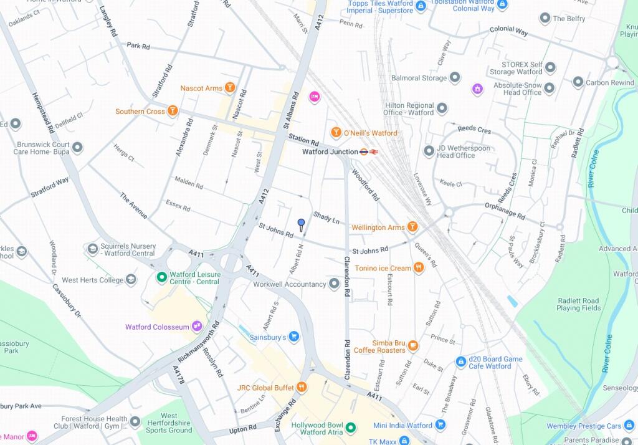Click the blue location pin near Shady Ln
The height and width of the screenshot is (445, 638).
point(301,224)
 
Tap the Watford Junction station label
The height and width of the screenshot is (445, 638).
point(330,151)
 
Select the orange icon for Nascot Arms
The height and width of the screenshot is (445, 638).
point(230,88)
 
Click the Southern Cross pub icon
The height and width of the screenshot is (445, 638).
point(173,112)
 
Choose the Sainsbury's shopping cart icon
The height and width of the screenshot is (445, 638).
point(294,337)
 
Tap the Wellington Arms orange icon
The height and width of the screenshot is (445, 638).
point(412,227)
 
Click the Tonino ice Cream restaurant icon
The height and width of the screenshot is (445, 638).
point(418,268)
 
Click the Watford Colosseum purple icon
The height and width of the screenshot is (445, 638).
point(197,327)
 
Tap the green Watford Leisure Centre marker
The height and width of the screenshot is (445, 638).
point(161,277)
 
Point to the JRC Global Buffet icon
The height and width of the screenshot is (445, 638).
point(302,388)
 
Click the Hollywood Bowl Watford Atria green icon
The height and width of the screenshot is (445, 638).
point(351,428)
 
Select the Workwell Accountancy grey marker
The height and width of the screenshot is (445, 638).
point(334,284)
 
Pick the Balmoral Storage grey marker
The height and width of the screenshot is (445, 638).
point(455,78)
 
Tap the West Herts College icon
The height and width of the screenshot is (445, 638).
point(131,280)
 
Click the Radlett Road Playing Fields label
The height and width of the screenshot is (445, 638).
point(578,304)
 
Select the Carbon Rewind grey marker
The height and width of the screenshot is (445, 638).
point(578,82)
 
